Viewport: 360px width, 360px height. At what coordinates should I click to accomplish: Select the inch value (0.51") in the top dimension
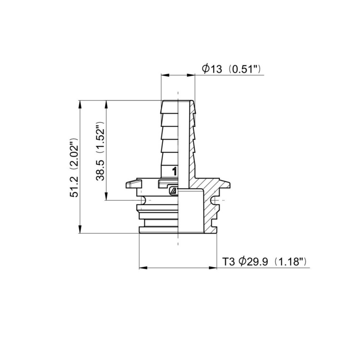245,69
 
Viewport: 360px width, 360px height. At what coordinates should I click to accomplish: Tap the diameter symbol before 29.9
242,261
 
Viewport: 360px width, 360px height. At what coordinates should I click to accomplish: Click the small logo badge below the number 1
172,191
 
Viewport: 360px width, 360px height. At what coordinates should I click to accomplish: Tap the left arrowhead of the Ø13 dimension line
164,76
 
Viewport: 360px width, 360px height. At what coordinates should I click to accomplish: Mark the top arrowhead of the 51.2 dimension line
80,103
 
